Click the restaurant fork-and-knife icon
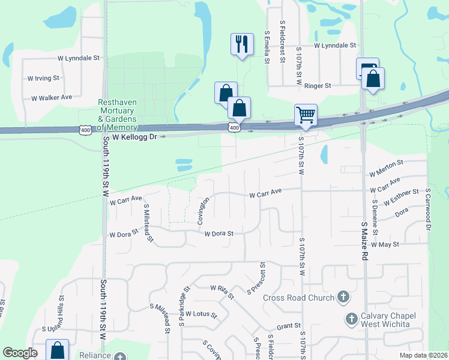241,44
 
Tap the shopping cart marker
306,114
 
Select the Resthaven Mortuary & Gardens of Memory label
118,115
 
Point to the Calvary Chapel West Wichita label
385,320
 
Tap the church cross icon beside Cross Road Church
343,297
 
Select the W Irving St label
43,78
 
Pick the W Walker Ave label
51,97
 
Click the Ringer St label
318,86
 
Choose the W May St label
385,245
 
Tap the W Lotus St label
200,314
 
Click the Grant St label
289,326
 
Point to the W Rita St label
222,291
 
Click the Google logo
20,353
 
